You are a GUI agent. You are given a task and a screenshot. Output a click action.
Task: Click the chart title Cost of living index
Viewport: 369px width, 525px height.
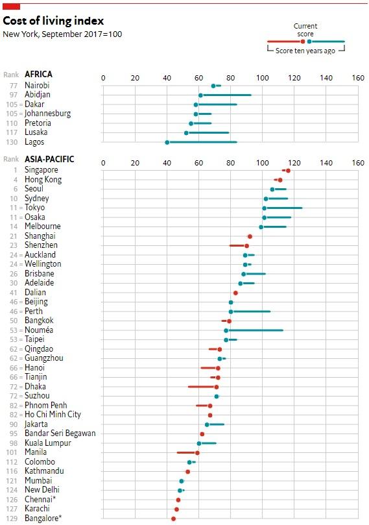pos(53,21)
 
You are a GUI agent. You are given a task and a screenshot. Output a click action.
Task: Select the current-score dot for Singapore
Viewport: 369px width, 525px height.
pos(288,171)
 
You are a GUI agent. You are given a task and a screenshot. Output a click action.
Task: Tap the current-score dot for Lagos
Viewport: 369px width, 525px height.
pos(167,142)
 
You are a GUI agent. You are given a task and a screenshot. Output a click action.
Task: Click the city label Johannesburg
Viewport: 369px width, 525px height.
pos(47,114)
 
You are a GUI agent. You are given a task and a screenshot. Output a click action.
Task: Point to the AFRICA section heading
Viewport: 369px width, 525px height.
pos(38,74)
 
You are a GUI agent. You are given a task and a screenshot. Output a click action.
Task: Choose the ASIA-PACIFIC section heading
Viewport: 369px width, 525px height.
pos(49,159)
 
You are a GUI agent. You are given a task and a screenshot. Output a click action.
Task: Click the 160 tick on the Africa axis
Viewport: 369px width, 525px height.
pos(358,78)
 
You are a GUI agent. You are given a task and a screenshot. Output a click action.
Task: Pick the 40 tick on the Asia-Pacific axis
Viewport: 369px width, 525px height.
pos(167,163)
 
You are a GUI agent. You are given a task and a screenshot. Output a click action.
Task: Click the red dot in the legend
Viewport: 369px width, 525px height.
pos(303,42)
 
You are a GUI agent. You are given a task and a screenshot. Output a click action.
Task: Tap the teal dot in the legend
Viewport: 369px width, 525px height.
pos(309,42)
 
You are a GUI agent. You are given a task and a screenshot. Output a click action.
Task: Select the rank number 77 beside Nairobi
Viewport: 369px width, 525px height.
pos(14,86)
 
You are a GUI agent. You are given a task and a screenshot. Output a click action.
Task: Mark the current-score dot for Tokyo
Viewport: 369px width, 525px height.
pos(265,208)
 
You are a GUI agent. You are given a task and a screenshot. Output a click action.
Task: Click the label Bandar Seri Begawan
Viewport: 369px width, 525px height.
pos(60,433)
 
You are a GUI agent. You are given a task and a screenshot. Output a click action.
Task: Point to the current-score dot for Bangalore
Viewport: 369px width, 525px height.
pos(173,519)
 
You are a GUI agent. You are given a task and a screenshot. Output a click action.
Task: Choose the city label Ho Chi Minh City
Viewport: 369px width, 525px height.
pos(53,415)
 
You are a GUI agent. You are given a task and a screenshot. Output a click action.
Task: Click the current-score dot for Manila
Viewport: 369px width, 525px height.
pos(197,453)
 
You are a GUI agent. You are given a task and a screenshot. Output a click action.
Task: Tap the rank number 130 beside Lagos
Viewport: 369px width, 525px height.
pos(12,142)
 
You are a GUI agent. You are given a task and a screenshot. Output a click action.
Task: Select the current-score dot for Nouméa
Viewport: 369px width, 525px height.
pos(226,330)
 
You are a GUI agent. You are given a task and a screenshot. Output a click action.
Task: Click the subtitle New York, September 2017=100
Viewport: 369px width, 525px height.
pos(62,34)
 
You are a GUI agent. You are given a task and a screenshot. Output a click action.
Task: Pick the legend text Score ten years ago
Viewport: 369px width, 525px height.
pos(305,51)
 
